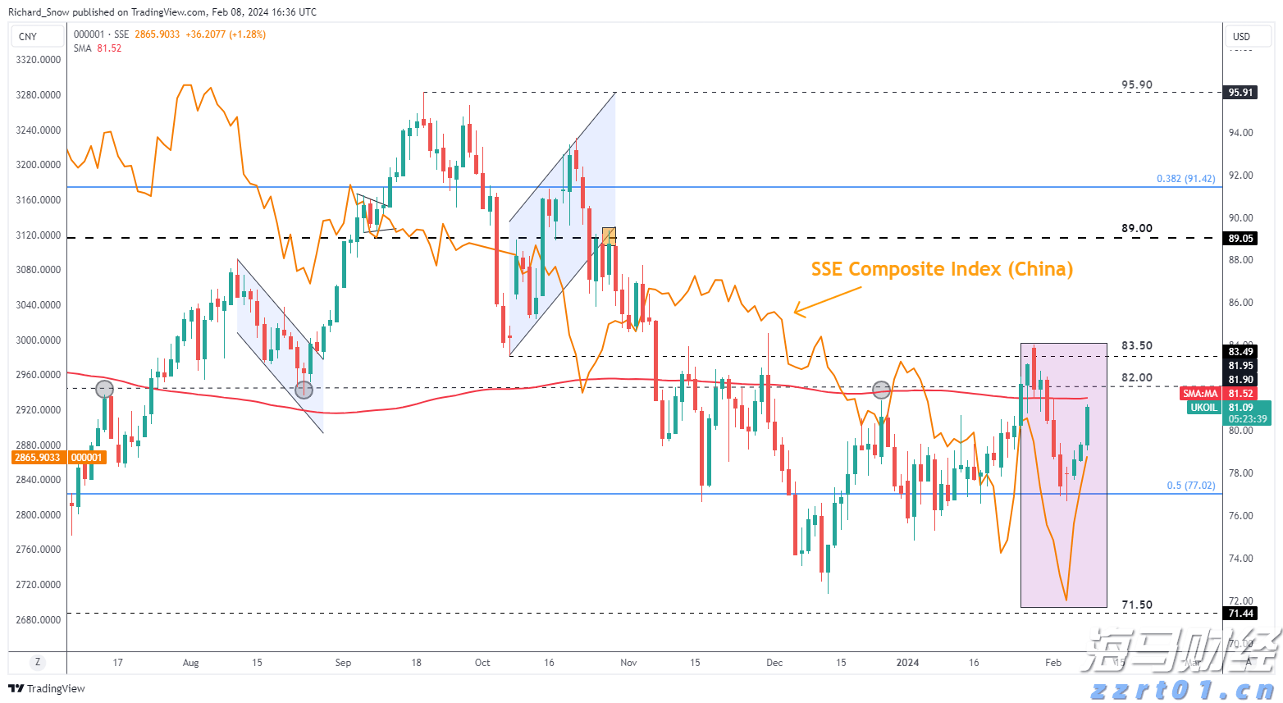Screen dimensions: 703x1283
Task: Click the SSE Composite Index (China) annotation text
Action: coord(942,269)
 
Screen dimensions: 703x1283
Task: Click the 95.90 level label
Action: coord(1137,85)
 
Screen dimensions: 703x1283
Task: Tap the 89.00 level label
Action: coord(1137,229)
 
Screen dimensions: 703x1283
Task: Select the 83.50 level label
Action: coord(1137,346)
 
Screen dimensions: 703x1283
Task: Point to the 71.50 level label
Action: coord(1137,605)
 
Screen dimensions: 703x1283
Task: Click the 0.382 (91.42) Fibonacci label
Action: coord(1185,179)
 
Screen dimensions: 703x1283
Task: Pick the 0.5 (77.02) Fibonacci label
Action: coord(1190,486)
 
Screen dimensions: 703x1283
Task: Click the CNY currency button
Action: coord(28,36)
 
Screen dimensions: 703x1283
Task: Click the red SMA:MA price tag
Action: coord(1200,394)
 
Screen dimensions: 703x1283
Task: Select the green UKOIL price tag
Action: coord(1204,408)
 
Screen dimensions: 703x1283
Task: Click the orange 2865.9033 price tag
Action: coord(38,458)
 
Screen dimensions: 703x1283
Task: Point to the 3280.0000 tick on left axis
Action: coord(39,95)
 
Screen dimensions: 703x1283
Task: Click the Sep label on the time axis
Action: coord(343,663)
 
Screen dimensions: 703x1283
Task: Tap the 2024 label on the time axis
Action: coord(907,663)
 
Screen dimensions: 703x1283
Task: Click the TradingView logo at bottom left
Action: coord(47,688)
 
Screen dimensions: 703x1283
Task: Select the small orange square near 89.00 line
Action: coord(609,236)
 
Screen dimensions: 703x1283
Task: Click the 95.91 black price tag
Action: coord(1240,93)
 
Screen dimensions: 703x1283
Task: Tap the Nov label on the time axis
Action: coord(628,663)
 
